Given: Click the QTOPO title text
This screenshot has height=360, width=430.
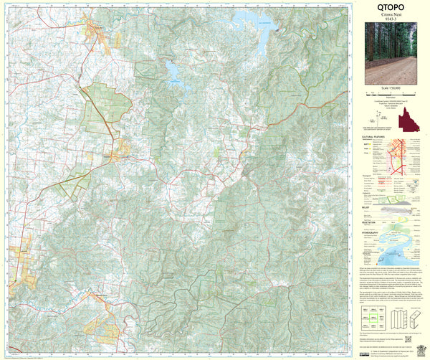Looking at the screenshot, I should (389, 9).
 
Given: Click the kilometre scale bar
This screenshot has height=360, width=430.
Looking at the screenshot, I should (389, 93).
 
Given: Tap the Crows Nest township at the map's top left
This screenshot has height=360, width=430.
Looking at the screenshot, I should (97, 32).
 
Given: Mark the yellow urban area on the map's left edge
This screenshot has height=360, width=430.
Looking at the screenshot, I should (21, 262).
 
